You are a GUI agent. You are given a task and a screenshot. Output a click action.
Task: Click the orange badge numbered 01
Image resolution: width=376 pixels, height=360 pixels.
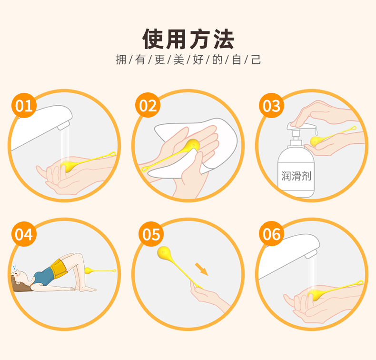24,106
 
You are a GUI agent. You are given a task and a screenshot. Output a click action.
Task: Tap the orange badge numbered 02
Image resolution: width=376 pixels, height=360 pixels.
148,105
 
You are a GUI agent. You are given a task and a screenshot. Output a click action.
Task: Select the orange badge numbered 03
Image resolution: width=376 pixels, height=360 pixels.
271,106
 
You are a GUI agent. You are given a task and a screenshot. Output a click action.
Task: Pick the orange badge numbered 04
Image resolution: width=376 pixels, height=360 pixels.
24,234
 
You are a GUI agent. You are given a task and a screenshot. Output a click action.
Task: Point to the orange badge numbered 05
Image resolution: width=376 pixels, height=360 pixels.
151,234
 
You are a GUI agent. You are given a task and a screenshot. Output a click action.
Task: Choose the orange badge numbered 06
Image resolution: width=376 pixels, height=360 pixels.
271,234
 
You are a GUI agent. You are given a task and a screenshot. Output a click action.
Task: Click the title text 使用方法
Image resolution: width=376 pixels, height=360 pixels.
188,39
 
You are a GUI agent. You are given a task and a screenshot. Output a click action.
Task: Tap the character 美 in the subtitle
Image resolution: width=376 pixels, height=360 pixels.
178,60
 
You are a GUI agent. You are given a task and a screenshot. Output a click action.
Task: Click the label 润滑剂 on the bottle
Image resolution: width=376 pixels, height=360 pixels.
296,176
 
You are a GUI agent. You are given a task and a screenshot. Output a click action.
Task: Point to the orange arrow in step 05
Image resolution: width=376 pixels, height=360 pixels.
201,269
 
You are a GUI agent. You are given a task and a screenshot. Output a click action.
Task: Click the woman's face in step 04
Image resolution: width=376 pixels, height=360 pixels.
19,276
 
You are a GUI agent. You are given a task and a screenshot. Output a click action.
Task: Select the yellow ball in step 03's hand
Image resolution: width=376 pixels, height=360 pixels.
315,141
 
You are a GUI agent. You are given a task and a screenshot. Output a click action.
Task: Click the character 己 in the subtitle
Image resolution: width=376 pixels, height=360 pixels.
256,60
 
